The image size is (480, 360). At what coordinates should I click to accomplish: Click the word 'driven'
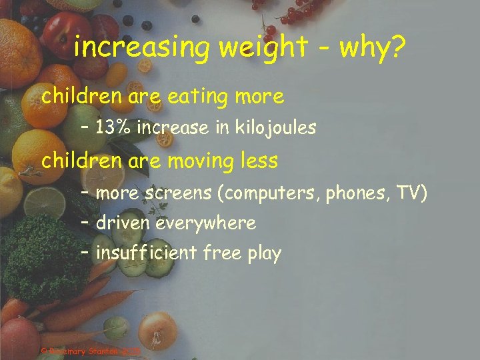[123, 223]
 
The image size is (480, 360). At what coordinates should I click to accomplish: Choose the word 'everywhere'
[206, 223]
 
